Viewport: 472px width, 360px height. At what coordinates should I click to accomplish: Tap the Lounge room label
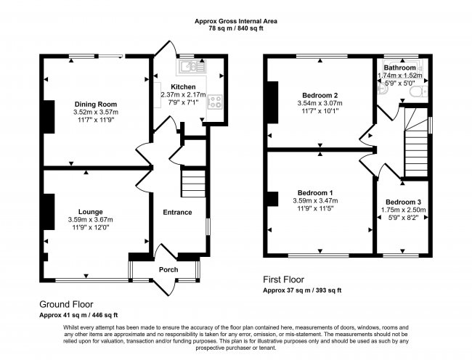(x=91, y=211)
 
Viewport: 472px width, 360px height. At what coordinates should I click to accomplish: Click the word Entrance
(x=177, y=212)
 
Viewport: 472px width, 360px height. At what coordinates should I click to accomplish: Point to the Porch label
(x=168, y=270)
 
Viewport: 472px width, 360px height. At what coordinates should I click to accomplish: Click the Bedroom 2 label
(x=320, y=95)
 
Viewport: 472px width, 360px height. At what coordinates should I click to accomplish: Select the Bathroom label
(x=401, y=67)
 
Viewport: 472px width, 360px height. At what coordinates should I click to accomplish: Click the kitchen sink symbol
(x=193, y=68)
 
